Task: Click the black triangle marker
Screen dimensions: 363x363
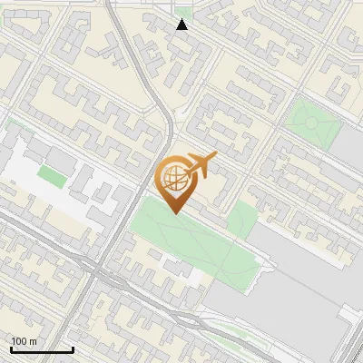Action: pos(182,25)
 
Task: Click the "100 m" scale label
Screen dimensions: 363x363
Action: pos(24,341)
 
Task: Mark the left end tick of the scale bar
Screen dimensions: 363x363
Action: pos(11,348)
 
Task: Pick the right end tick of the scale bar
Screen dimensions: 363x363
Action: pos(73,348)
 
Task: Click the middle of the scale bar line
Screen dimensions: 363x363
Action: pos(42,350)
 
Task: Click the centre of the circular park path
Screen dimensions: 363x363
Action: pos(309,121)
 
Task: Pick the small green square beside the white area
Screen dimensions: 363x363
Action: pos(52,175)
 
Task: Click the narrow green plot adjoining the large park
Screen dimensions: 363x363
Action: pos(241,219)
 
